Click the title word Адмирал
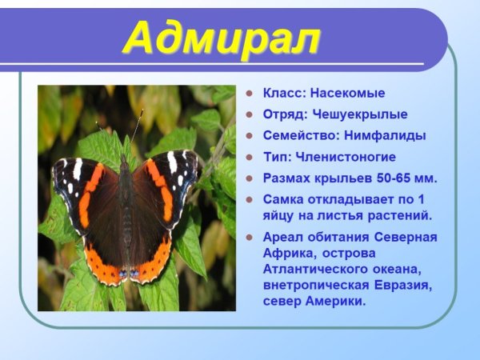223,38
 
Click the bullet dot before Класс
250,94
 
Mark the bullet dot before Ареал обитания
250,238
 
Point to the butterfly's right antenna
137,126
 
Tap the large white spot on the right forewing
172,162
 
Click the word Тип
274,158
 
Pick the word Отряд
279,114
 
